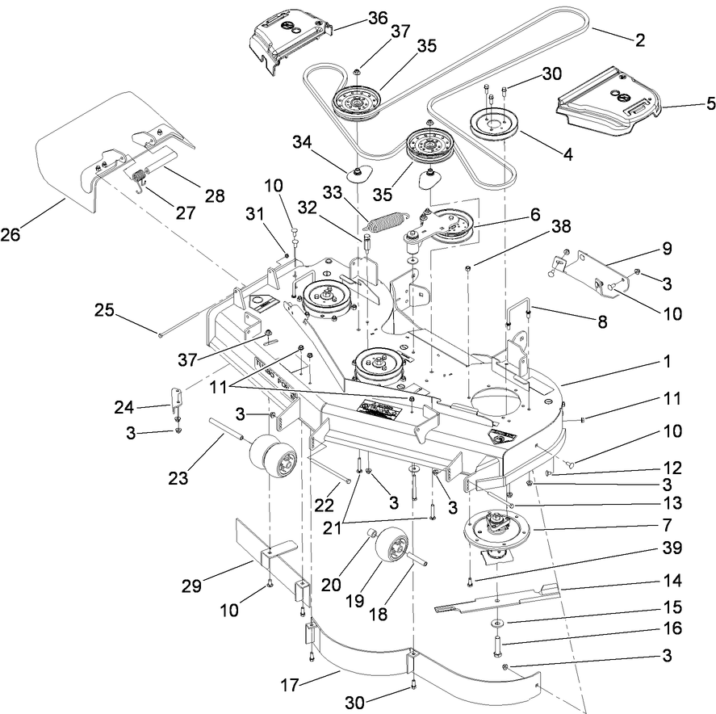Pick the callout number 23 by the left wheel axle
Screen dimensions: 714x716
(177, 478)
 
